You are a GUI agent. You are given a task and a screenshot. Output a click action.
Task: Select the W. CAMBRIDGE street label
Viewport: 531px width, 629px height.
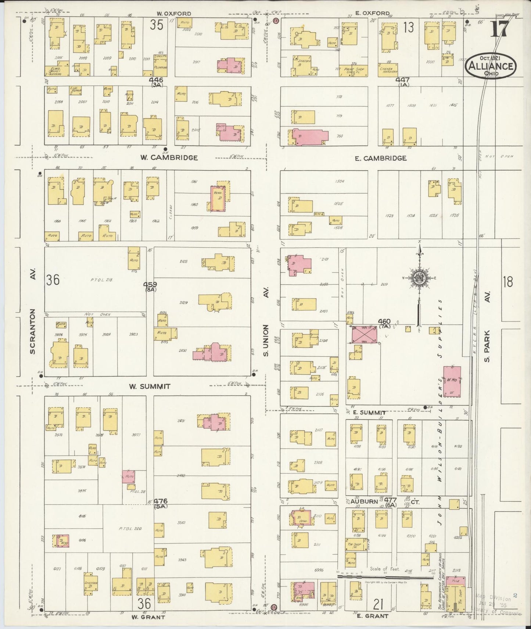pos(169,158)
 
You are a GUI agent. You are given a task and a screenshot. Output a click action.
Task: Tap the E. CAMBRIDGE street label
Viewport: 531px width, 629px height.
pos(380,158)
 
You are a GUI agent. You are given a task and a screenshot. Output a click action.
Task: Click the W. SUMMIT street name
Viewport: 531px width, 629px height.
pos(150,386)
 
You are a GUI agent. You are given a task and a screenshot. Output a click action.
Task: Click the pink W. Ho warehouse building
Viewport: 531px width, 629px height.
pos(452,381)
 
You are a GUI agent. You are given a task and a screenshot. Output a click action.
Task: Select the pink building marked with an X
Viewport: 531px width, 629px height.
pos(365,334)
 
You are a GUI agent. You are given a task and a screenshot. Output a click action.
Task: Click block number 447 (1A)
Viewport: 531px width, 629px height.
pos(402,81)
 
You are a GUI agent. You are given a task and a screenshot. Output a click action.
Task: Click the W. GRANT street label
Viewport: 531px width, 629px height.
pos(148,617)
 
